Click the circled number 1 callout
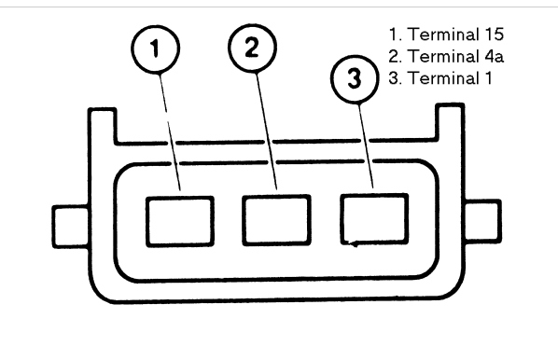[156, 48]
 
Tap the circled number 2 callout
[252, 48]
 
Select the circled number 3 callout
[355, 79]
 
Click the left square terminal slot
[180, 221]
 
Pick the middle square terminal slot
[276, 220]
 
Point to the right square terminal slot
[374, 219]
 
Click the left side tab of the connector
[71, 227]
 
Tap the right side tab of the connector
[483, 221]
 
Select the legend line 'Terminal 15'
[446, 35]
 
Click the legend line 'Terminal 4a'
[446, 56]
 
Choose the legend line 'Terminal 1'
[440, 78]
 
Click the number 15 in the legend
[494, 35]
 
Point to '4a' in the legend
[494, 56]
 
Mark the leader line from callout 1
[170, 132]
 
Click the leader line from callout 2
[267, 131]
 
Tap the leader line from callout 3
[366, 145]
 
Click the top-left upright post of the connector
[103, 125]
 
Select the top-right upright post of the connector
[450, 121]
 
